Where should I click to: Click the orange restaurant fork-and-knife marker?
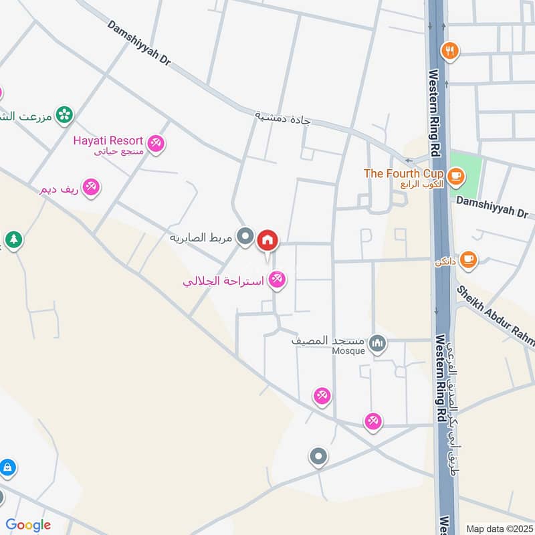(x=450, y=49)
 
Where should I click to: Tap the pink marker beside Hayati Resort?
(x=156, y=142)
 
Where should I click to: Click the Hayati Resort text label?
(x=108, y=140)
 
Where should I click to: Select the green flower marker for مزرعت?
(x=64, y=115)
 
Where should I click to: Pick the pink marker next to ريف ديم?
(x=91, y=187)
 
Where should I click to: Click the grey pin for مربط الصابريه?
(x=246, y=236)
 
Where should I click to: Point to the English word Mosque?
(x=349, y=350)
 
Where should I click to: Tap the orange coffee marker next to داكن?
(x=469, y=259)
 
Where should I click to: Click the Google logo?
(x=28, y=525)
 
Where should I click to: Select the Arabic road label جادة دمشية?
(x=283, y=118)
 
